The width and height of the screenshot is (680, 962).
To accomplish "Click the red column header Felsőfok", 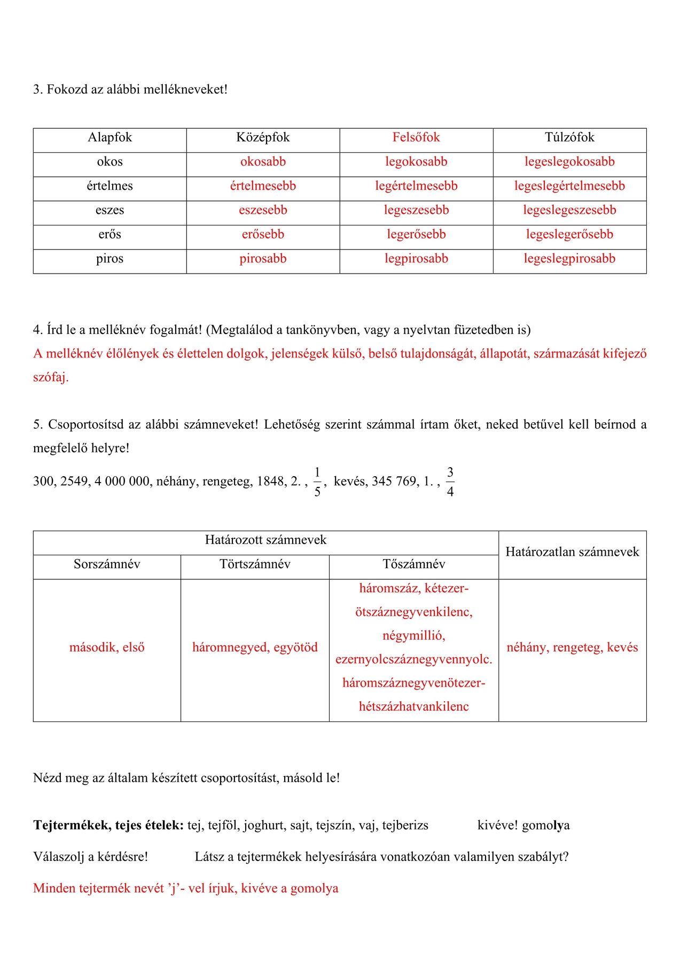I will coord(416,138).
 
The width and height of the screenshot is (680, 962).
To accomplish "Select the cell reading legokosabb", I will coord(416,162).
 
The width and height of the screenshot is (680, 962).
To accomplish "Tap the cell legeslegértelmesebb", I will coord(569,186).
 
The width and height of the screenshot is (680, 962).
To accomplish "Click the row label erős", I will coord(110,235).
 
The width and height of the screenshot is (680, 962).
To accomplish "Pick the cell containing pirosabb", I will coord(263,259).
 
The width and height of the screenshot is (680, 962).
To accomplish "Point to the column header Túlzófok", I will coord(569,138).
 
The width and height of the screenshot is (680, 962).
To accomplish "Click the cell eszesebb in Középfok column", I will coord(263,210).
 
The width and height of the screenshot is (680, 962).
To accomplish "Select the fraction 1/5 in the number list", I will coord(317,482).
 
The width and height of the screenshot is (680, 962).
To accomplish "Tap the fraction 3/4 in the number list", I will coord(450,482).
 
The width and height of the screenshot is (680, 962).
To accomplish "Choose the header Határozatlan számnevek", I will coord(572,552).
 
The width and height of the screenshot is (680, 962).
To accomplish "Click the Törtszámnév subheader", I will coord(255,564).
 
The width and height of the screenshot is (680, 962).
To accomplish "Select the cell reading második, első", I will coord(107,648).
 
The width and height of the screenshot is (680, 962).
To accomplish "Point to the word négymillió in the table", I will coord(413,636).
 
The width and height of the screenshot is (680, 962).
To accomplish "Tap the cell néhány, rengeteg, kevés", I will coord(572,648).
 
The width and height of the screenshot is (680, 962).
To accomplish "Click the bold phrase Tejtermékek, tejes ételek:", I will coord(108,826).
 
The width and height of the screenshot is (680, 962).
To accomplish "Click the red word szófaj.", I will coord(51,377).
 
